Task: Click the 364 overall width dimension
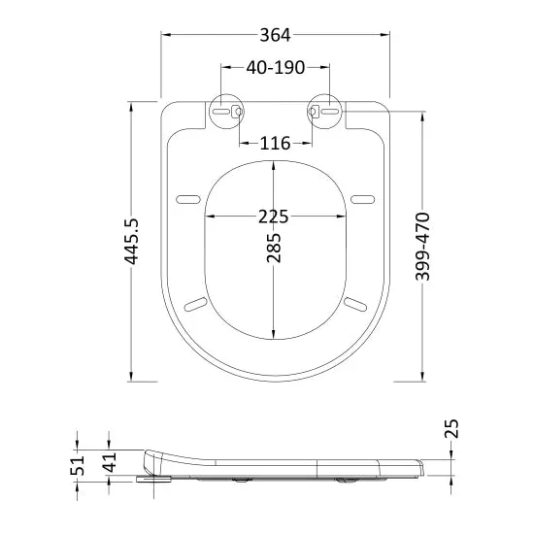pos(275,35)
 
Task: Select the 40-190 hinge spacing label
pos(275,67)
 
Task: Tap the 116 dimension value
pos(275,143)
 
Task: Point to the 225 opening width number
pos(274,217)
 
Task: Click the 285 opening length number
pos(274,248)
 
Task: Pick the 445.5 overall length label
pos(131,242)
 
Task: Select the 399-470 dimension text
pos(422,247)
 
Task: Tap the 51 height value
pos(77,465)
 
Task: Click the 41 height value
pos(110,462)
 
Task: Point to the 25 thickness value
pos(451,428)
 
